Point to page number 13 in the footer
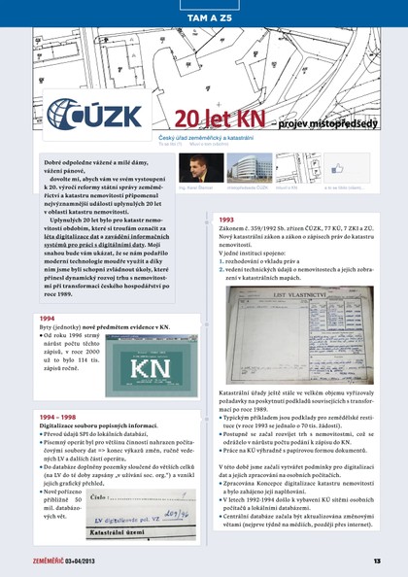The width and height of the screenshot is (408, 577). coord(376,560)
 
